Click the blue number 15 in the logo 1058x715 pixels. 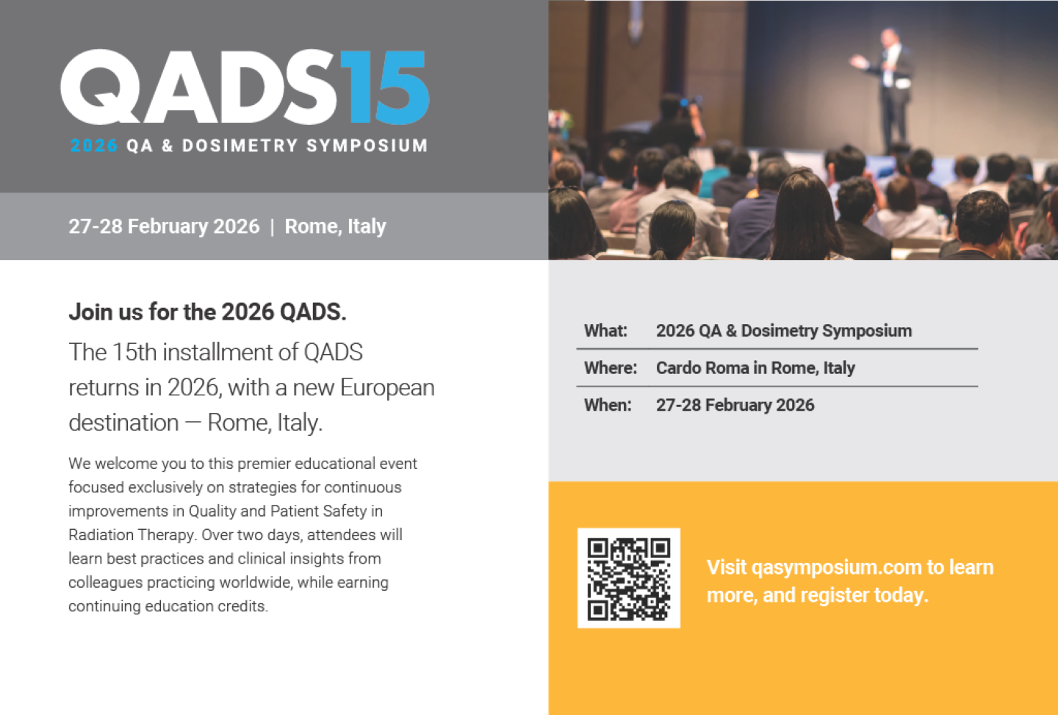[384, 87]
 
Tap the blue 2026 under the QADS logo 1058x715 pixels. [93, 145]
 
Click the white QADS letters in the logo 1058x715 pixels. [199, 87]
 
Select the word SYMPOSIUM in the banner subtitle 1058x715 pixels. [367, 145]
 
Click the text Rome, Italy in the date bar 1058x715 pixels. [335, 226]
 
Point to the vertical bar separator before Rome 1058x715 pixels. [272, 226]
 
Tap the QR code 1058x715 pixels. [629, 578]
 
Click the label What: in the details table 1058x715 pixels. [605, 331]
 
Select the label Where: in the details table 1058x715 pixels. [611, 368]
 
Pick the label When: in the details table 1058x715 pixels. [608, 405]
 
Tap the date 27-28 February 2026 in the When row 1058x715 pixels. [735, 405]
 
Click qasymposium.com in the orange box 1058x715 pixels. [836, 567]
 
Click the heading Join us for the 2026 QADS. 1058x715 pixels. [207, 312]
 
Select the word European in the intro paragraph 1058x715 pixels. [387, 388]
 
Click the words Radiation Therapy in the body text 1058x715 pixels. [132, 535]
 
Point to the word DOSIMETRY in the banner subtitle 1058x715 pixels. [240, 145]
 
